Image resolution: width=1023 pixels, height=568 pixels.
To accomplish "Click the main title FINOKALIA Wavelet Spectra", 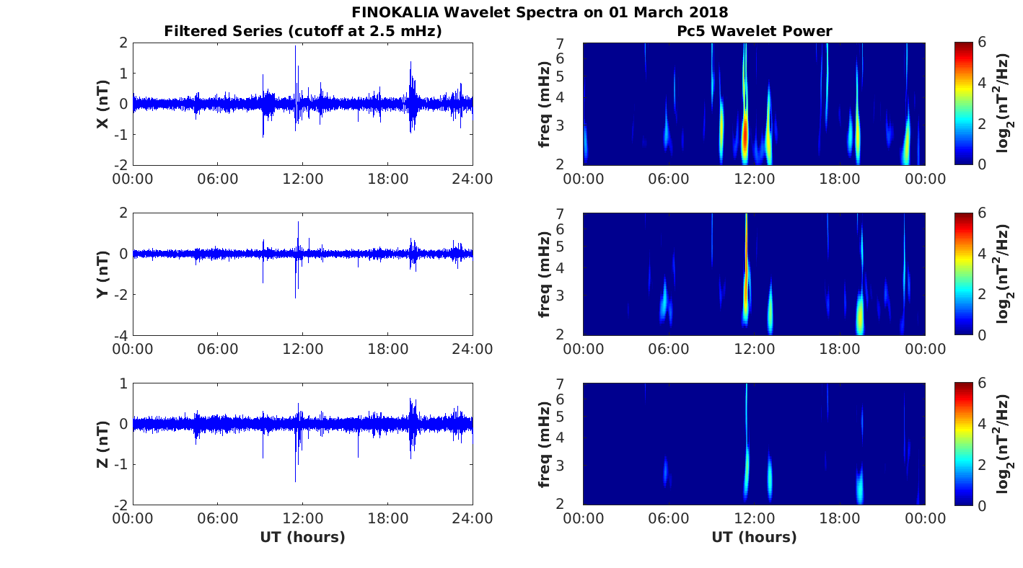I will (540, 12).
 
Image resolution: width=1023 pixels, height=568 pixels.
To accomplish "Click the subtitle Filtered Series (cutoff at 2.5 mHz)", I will (303, 31).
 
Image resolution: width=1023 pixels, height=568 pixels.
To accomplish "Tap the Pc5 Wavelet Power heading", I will (754, 31).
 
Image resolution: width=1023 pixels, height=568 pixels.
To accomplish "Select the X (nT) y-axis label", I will (103, 104).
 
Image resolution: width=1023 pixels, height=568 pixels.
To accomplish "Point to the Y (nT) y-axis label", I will (103, 274).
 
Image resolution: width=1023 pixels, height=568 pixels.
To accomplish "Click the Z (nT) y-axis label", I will (103, 444).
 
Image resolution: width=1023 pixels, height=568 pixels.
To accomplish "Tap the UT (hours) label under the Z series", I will (303, 537).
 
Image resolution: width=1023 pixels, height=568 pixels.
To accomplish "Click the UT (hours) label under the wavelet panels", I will (754, 537).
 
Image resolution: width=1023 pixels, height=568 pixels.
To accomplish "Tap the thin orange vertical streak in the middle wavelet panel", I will (746, 238).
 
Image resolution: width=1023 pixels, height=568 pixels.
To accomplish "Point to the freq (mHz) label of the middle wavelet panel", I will (545, 274).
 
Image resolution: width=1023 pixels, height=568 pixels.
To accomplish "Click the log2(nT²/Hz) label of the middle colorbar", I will (1004, 274).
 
